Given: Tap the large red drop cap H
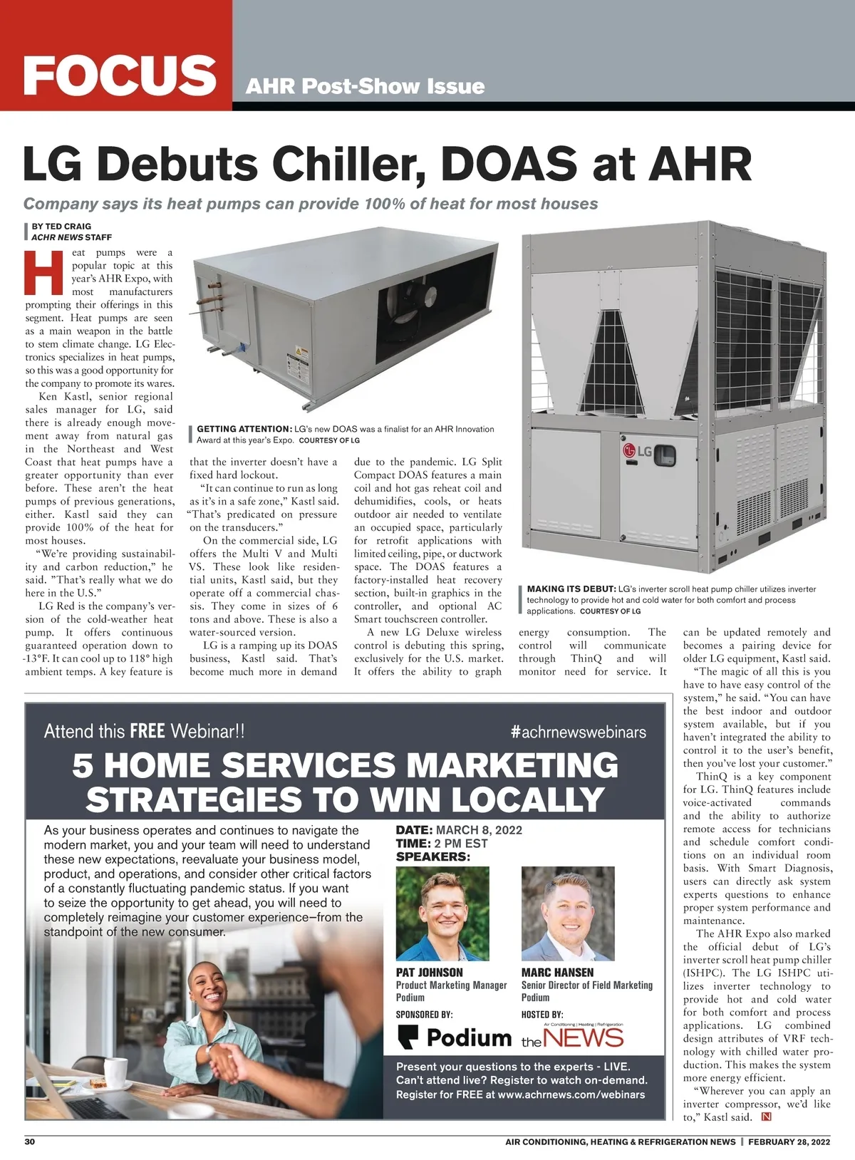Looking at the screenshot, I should pos(44,272).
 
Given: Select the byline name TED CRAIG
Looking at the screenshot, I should pos(68,227).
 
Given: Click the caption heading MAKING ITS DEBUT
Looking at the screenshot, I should pos(571,589).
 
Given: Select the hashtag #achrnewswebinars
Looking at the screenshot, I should pos(579,732).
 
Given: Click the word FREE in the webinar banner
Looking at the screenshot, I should pos(147,731).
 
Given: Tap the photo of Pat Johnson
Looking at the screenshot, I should pos(442,913).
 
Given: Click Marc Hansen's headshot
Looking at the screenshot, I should pos(568,913).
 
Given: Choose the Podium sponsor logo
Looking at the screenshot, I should pos(454,1037).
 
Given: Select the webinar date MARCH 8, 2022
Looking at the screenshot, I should pos(479,830).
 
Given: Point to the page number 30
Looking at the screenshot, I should pos(30,1141).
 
